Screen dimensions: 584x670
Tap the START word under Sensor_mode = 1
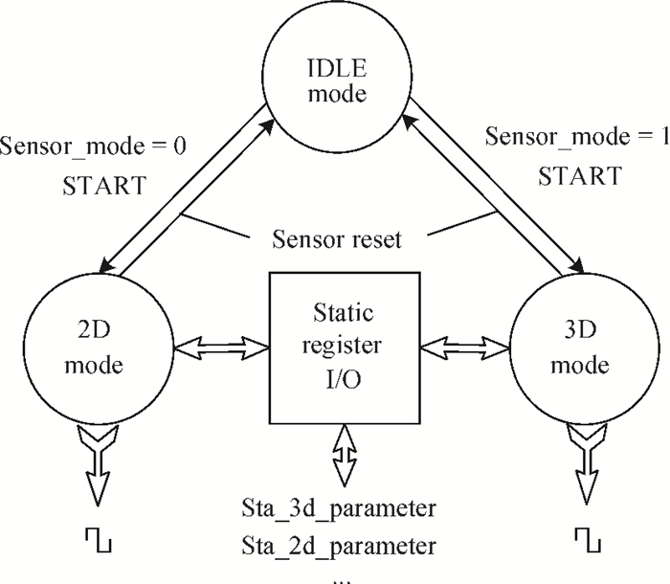[575, 176]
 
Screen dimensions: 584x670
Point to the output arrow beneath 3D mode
[588, 469]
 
